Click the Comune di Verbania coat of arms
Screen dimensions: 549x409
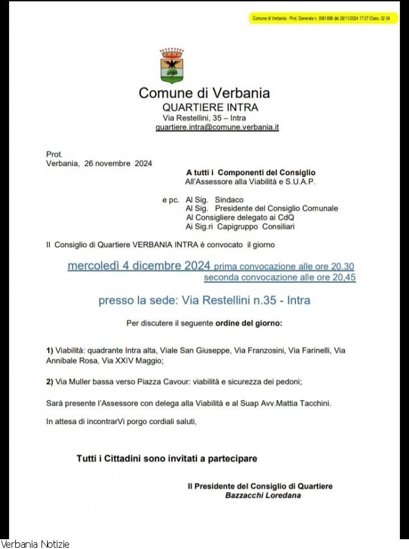172,66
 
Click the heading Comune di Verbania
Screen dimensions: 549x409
204,93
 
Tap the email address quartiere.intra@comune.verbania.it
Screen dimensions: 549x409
217,127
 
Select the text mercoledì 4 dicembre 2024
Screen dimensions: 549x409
139,266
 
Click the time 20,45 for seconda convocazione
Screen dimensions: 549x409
344,278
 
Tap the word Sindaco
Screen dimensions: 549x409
229,199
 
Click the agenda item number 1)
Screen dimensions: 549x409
50,351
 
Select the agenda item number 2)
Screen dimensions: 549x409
50,382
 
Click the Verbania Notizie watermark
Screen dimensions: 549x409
35,544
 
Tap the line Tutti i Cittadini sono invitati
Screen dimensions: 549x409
167,458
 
